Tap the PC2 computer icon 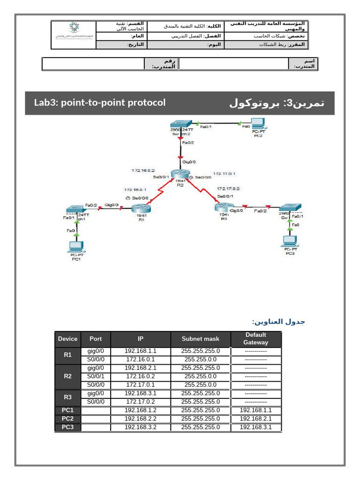point(258,124)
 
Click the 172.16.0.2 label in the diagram point(143,171)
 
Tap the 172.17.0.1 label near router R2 point(224,173)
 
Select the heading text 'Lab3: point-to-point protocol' point(100,102)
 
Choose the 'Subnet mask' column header point(200,338)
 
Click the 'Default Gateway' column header point(255,338)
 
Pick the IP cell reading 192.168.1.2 point(141,410)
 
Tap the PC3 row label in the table point(67,427)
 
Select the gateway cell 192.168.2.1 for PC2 point(255,419)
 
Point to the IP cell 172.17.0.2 point(141,402)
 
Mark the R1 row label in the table point(67,355)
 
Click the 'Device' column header point(67,338)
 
